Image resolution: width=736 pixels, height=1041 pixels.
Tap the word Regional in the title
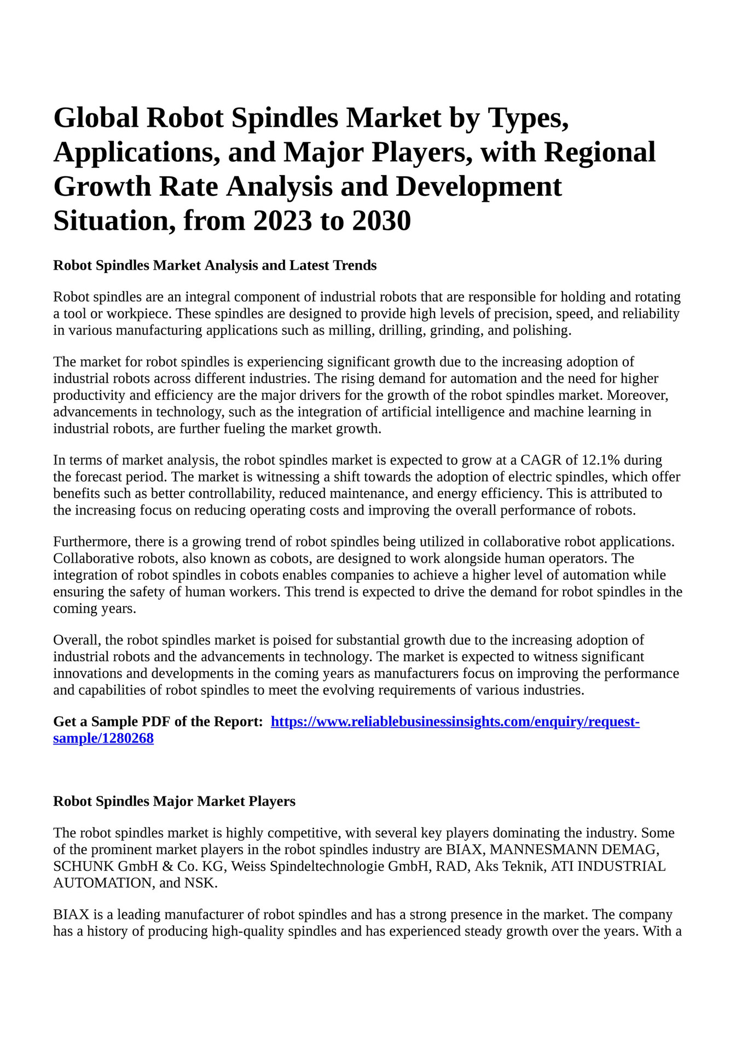pyautogui.click(x=599, y=152)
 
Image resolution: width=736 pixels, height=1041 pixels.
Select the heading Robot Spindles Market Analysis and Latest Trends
pyautogui.click(x=215, y=265)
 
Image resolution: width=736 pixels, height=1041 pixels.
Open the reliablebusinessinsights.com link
pyautogui.click(x=455, y=722)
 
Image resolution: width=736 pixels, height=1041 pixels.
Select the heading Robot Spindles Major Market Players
pyautogui.click(x=174, y=801)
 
